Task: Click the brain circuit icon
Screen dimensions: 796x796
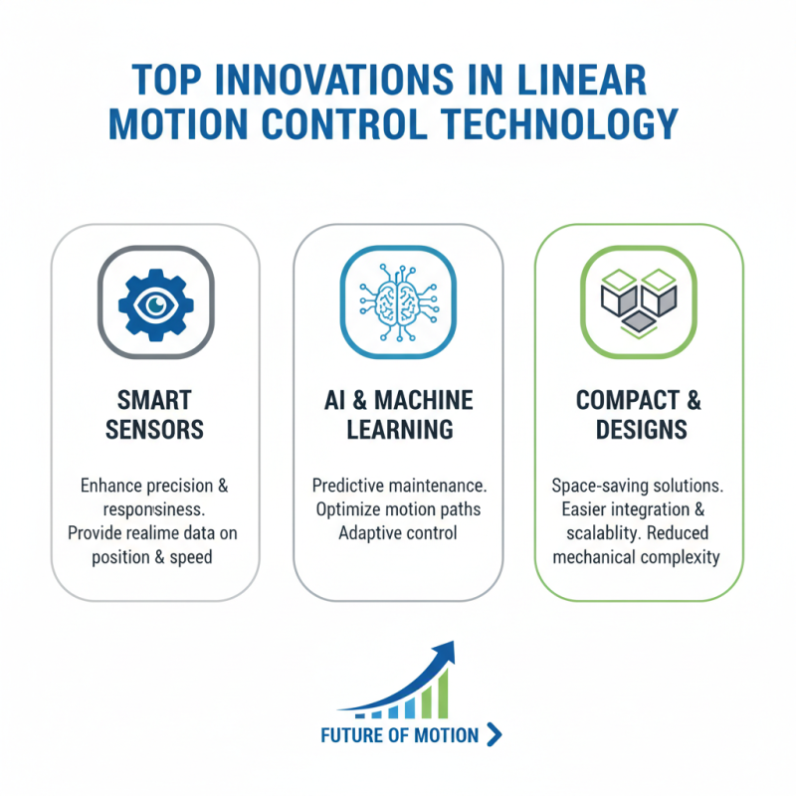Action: point(397,299)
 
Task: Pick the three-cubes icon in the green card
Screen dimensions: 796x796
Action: point(639,299)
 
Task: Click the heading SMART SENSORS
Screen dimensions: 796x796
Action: point(155,416)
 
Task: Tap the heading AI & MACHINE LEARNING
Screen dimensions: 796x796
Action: point(397,416)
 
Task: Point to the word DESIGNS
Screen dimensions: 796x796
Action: point(639,430)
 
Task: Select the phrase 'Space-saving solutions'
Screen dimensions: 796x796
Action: point(638,486)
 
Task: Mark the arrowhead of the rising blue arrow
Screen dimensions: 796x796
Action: point(445,653)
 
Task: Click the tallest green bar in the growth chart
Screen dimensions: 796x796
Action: point(441,692)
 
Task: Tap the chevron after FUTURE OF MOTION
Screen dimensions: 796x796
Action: point(497,735)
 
